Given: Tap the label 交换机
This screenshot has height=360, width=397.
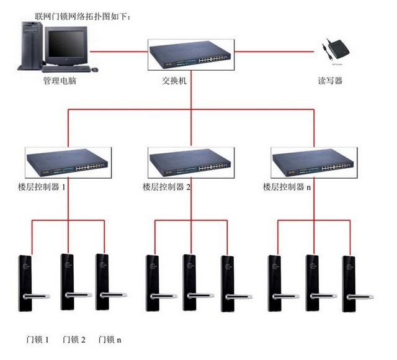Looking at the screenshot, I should [192, 81].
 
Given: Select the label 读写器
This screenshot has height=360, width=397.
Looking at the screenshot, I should [329, 81].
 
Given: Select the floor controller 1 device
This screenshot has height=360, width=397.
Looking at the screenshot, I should [68, 162].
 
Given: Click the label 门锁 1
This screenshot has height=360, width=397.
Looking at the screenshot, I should [37, 340].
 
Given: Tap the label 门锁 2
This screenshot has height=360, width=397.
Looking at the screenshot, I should [74, 340].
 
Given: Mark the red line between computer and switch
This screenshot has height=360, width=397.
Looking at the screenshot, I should [118, 52].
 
